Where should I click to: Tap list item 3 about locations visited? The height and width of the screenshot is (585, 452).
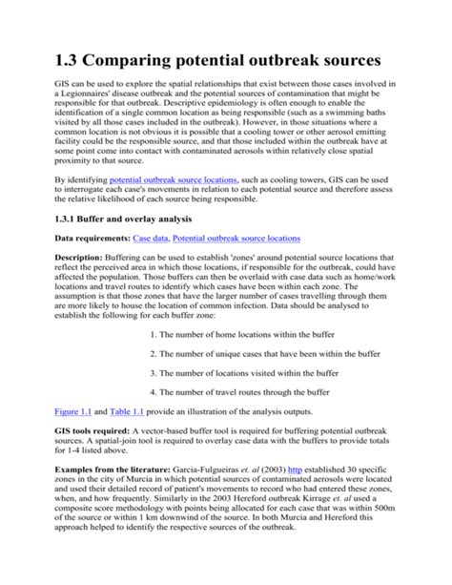coord(246,372)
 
